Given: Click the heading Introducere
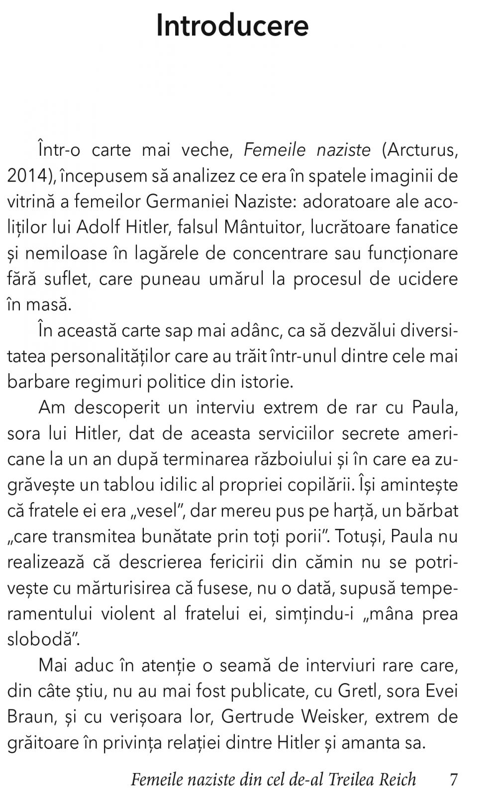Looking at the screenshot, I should tap(232, 26).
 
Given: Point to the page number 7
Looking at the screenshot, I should tap(453, 779).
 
